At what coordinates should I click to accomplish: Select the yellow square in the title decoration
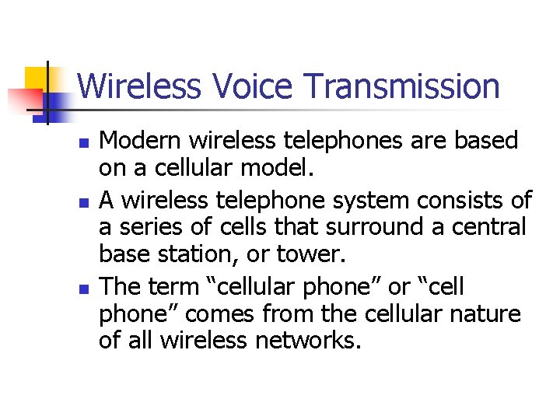coord(37,79)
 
